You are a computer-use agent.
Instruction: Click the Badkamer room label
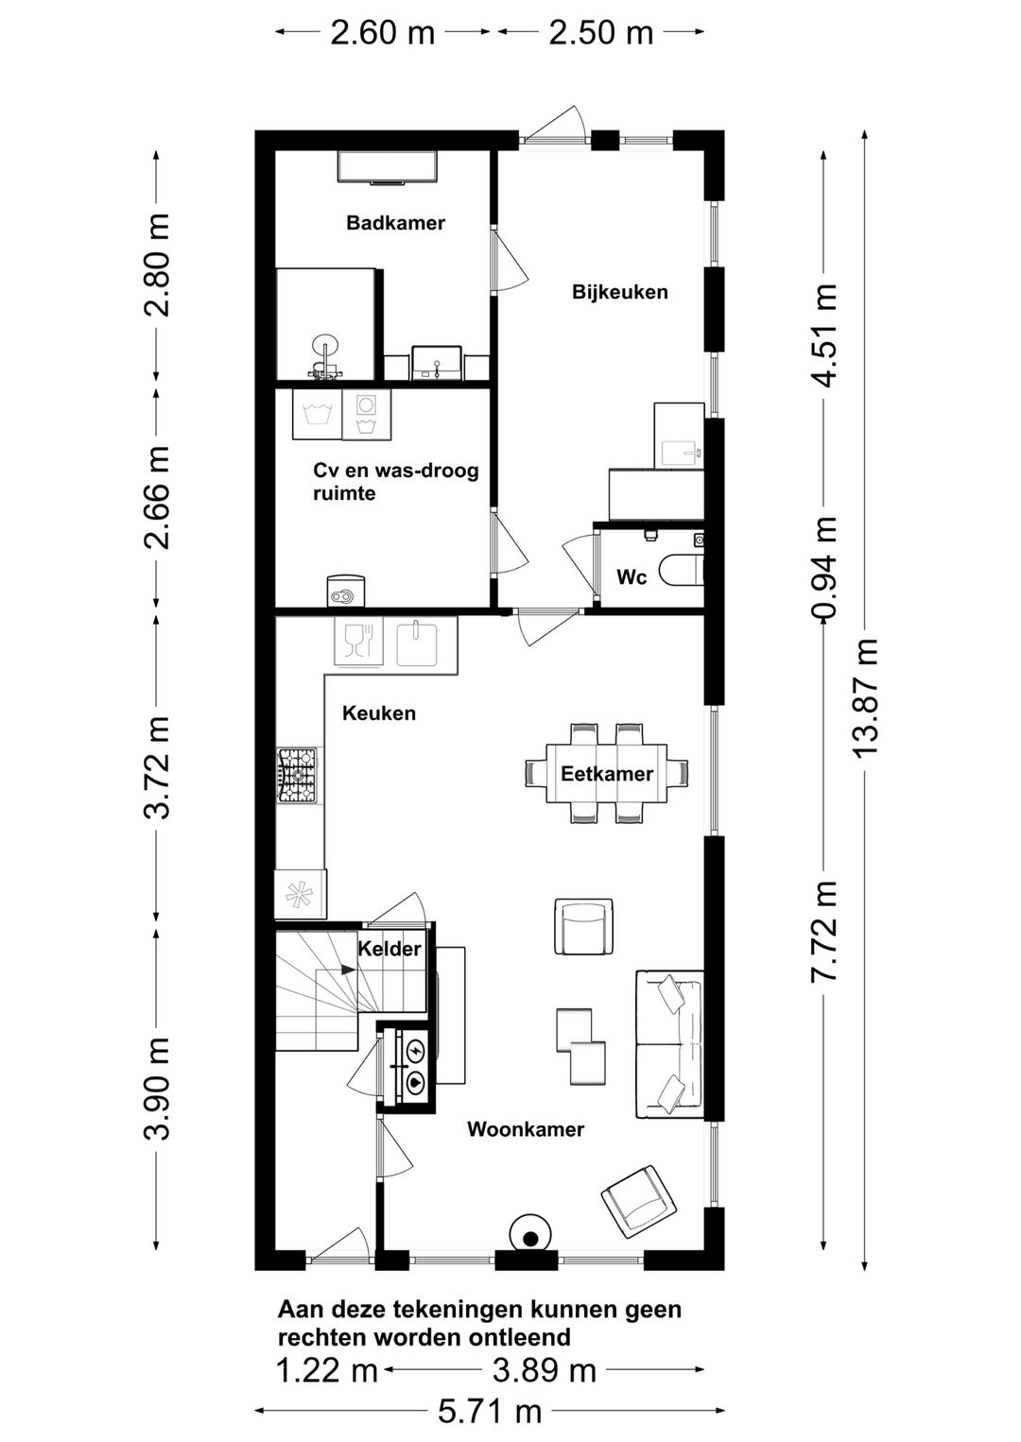(x=395, y=223)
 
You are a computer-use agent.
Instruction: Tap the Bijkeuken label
(x=619, y=292)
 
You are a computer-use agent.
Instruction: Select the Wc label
(x=632, y=576)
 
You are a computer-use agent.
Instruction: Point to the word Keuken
(x=379, y=713)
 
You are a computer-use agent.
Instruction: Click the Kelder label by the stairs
(x=389, y=948)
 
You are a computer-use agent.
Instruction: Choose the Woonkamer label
(x=526, y=1129)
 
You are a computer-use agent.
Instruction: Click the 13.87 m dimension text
(x=864, y=697)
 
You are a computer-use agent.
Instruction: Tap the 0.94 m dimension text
(x=823, y=567)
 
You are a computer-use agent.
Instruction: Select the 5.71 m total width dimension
(x=490, y=1413)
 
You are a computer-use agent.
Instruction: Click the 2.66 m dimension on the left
(x=157, y=498)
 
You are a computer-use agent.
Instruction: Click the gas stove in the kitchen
(x=297, y=775)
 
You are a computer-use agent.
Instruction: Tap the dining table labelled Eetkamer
(x=606, y=773)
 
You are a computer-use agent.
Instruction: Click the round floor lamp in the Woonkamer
(x=530, y=1232)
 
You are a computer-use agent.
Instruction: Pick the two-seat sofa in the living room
(x=668, y=1043)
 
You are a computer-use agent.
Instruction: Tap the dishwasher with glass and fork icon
(x=359, y=642)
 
